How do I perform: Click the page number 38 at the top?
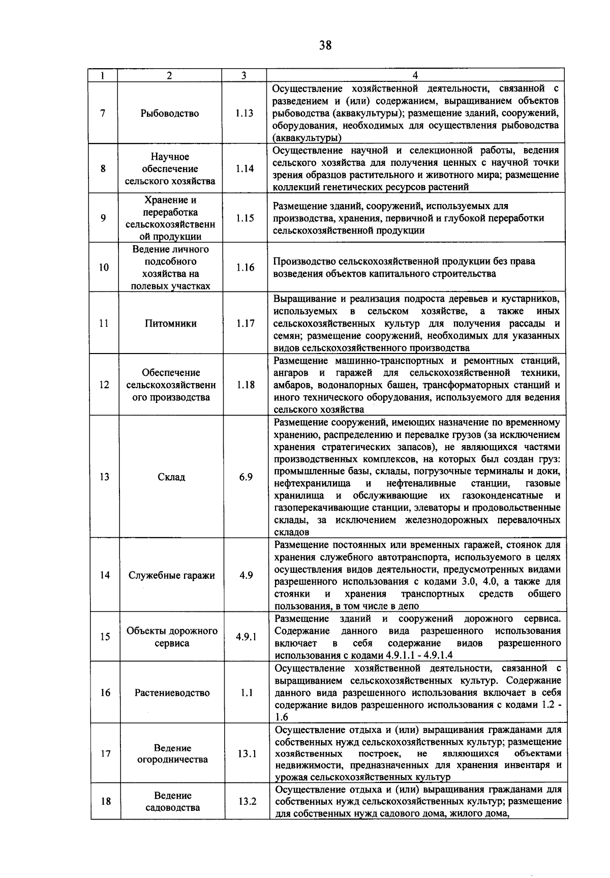tap(325, 45)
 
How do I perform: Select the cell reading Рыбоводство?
tap(170, 113)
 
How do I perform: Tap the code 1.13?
tap(245, 113)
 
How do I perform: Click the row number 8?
tap(103, 168)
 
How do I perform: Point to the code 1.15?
tap(245, 218)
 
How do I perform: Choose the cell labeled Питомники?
tap(171, 323)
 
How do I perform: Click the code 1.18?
tap(246, 385)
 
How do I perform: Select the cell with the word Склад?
tap(171, 477)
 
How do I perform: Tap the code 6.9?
tap(246, 477)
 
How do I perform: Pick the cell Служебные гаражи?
tap(172, 575)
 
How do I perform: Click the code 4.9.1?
tap(246, 636)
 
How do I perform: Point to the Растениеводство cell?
tap(172, 692)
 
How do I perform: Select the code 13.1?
tap(247, 753)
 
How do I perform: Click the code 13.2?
tap(247, 801)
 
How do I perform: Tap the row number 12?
tap(104, 385)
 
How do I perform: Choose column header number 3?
tap(244, 75)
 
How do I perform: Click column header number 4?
tap(415, 75)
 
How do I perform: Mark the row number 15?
tap(105, 636)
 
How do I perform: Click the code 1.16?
tap(245, 267)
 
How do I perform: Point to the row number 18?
tap(106, 801)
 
